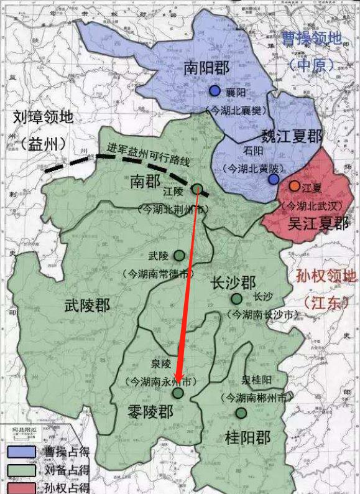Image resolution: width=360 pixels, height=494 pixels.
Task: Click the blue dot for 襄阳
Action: tap(215, 91)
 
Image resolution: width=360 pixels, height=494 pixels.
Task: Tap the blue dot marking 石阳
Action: tap(274, 179)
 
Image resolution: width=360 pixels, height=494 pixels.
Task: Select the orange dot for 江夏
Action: tap(294, 186)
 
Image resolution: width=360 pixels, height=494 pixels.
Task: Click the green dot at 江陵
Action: tap(197, 189)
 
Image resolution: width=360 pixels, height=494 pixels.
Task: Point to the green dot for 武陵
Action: tap(179, 255)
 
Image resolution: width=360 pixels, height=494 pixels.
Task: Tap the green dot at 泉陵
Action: tap(178, 393)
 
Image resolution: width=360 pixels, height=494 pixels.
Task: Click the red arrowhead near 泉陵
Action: tap(178, 378)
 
